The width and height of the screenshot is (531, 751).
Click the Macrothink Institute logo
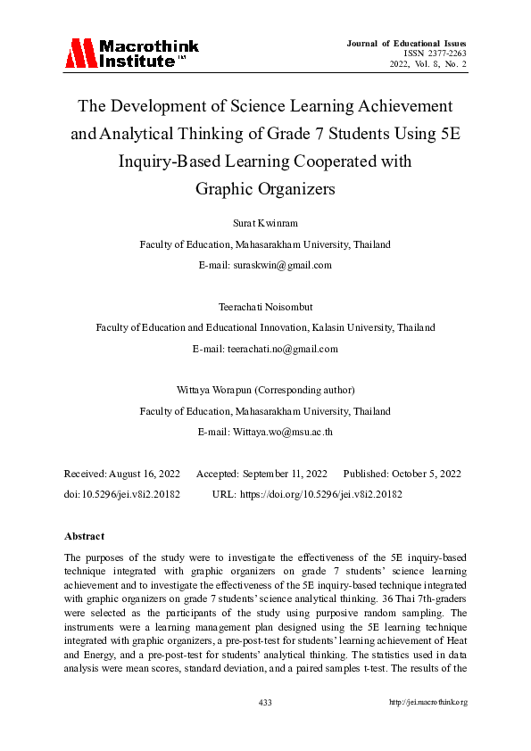click(x=131, y=54)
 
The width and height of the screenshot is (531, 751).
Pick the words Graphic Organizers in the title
click(x=265, y=188)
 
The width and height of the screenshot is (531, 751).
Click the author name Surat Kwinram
click(x=265, y=223)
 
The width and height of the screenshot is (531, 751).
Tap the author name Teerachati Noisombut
click(x=265, y=307)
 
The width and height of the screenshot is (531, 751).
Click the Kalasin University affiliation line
click(x=265, y=327)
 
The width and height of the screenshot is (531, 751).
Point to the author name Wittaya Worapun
click(x=222, y=391)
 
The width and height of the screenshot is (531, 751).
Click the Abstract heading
click(x=84, y=536)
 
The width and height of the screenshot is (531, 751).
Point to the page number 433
click(x=265, y=703)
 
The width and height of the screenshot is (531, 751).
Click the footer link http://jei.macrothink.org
click(x=428, y=703)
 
